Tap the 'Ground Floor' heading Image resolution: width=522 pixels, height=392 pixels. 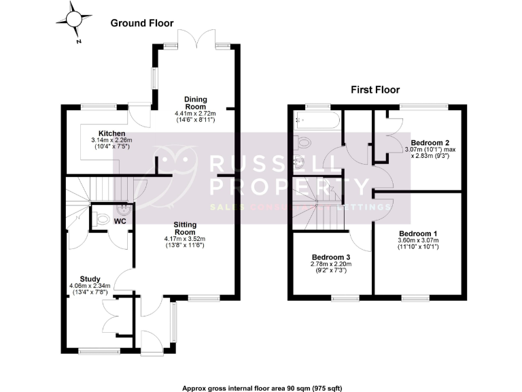tap(142, 23)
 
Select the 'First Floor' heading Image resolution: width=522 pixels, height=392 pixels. tap(375, 89)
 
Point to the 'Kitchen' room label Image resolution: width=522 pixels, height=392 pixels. tap(111, 133)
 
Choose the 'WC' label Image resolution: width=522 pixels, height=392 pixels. tap(120, 221)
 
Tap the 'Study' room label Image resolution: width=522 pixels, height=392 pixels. tap(90, 279)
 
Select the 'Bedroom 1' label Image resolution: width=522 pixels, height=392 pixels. tap(418, 233)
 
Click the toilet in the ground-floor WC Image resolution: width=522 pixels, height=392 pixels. tap(102, 219)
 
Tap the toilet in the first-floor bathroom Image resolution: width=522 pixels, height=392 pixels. tap(302, 142)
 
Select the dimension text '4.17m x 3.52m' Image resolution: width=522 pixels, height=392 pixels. tap(184, 239)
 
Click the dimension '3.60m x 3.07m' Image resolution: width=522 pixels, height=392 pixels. tap(418, 240)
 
